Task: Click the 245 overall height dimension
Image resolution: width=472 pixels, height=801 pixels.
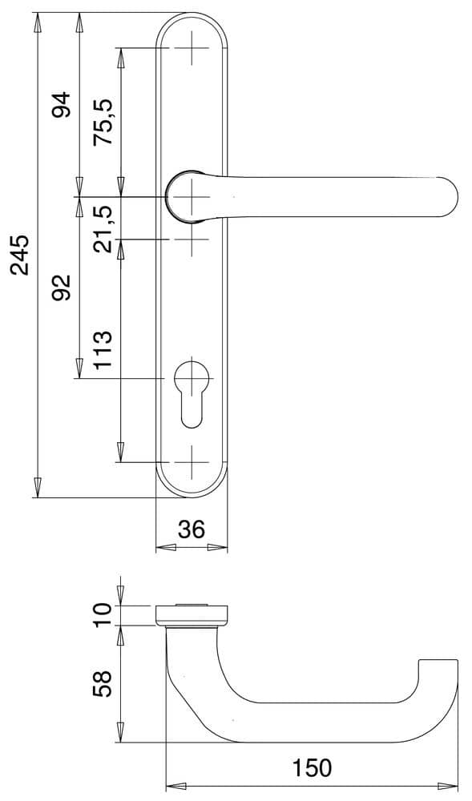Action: coord(22,255)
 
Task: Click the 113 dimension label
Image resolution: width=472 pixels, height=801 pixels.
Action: coord(103,350)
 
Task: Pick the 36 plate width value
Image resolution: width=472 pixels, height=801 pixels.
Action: coord(192,529)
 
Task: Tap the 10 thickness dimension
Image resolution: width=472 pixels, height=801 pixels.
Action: coord(102,615)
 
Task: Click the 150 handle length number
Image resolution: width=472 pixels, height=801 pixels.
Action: coord(312,767)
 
